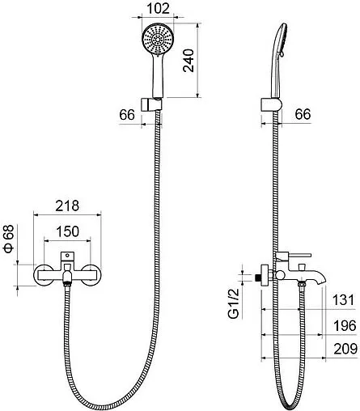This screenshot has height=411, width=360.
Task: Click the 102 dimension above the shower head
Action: pyautogui.click(x=158, y=8)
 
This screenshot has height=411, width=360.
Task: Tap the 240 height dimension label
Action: pyautogui.click(x=188, y=61)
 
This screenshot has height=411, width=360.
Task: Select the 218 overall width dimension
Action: pyautogui.click(x=67, y=205)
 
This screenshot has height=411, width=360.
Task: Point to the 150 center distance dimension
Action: pyautogui.click(x=68, y=231)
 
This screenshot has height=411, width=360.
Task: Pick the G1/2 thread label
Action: pyautogui.click(x=234, y=303)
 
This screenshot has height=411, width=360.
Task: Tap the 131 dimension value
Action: pyautogui.click(x=343, y=300)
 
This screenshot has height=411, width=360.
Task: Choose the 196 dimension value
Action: pyautogui.click(x=345, y=326)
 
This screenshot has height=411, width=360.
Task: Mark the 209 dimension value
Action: pyautogui.click(x=345, y=349)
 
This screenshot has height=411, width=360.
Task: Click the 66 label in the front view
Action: pyautogui.click(x=127, y=115)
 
